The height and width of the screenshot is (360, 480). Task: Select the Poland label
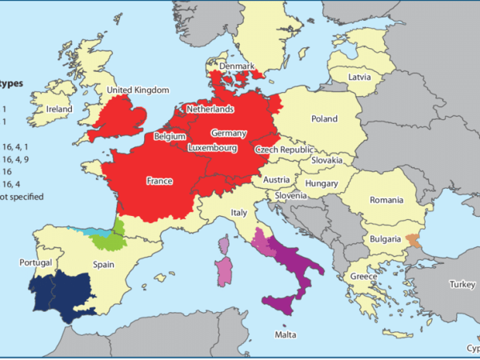point(324,118)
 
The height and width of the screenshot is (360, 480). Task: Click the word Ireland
point(58,110)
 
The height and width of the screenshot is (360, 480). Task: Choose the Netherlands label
point(210,108)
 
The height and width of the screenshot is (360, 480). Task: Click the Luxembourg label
point(214,148)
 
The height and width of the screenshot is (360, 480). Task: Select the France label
point(160,182)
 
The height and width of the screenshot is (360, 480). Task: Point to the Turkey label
point(462,284)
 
